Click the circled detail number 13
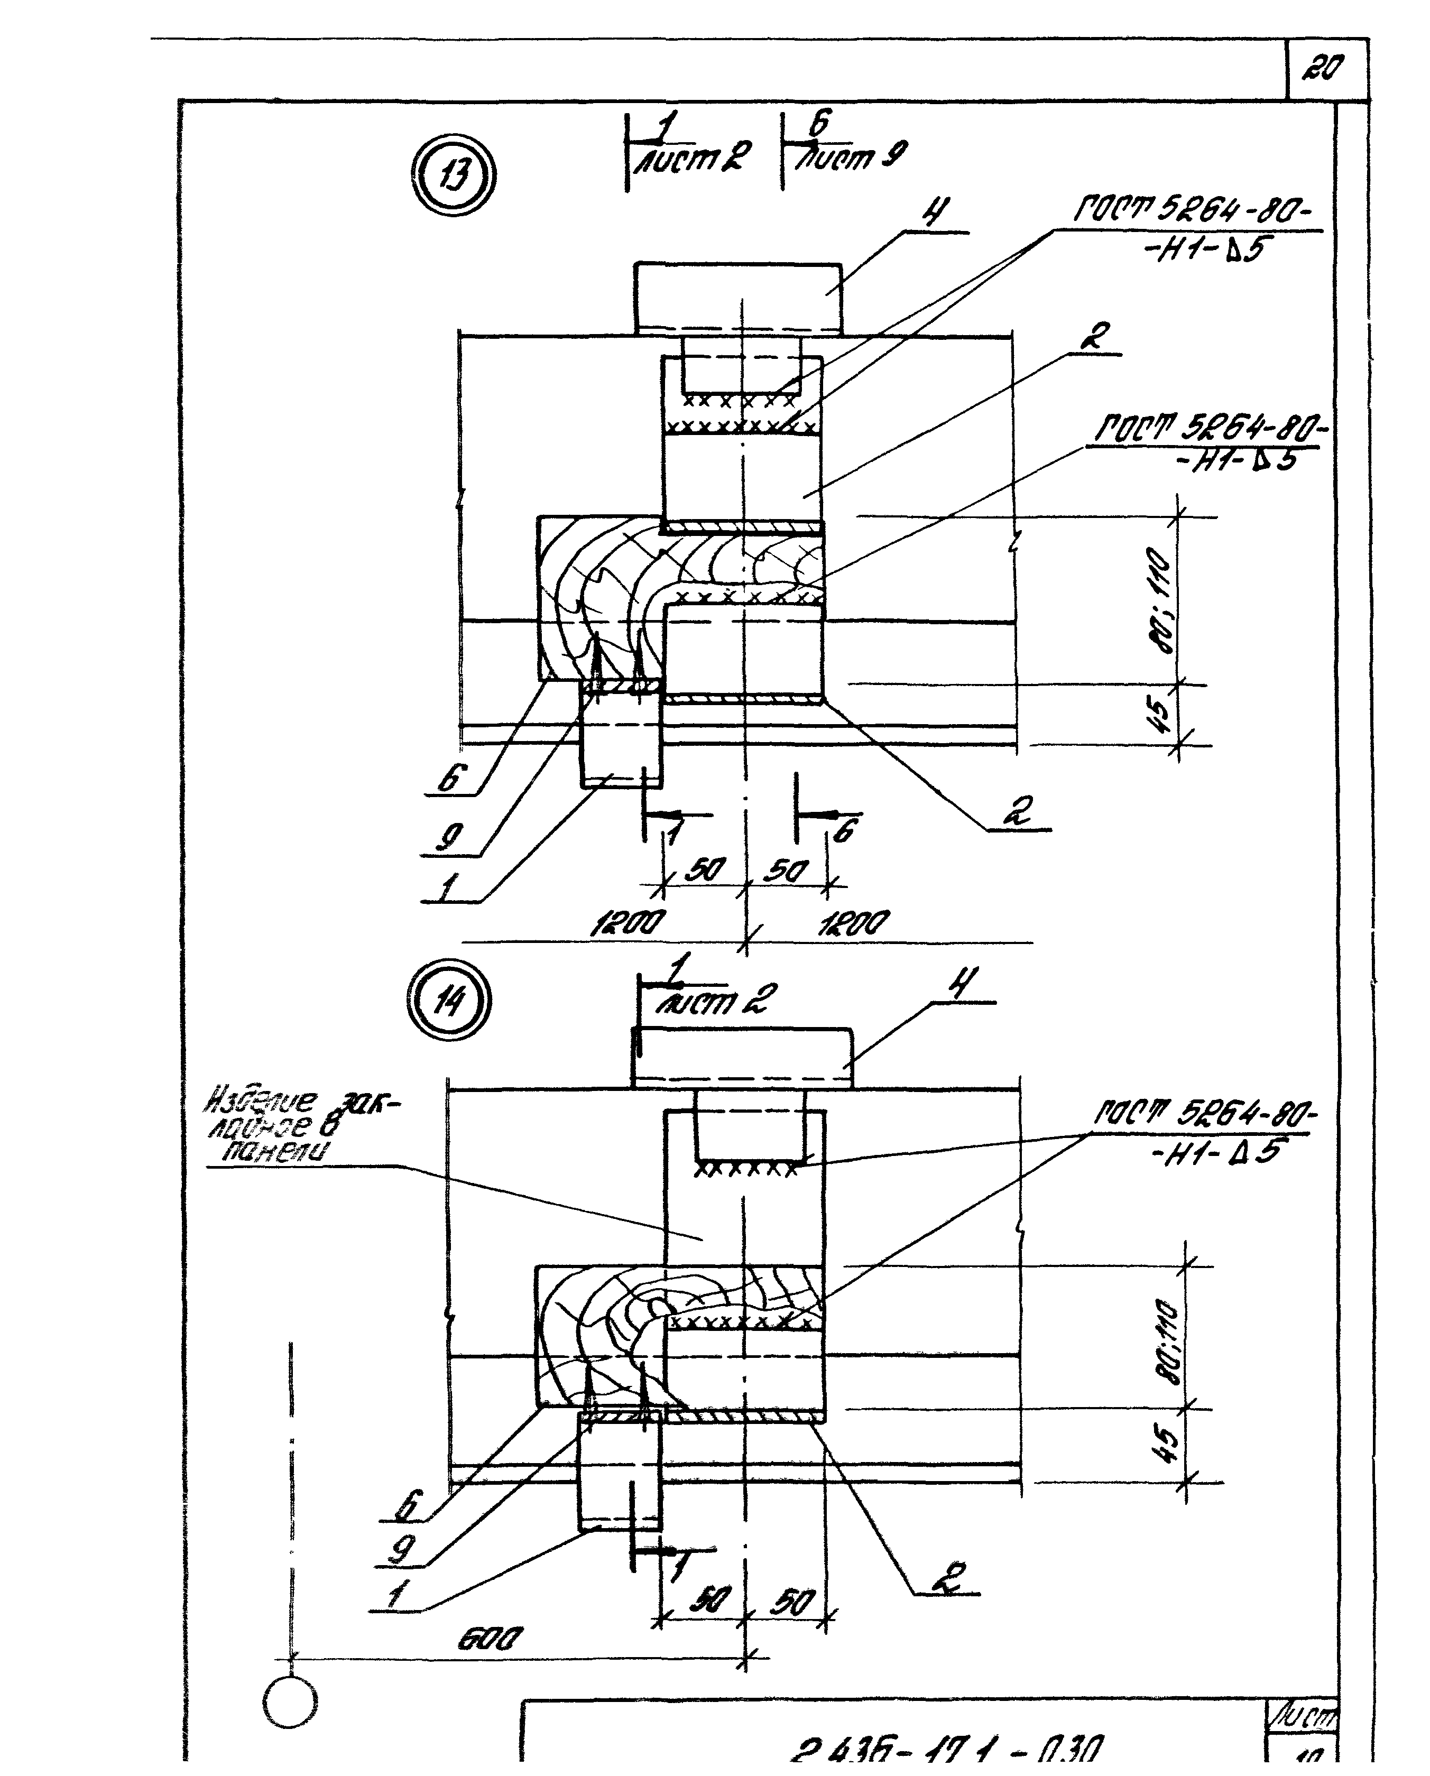click(454, 175)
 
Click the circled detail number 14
click(449, 1002)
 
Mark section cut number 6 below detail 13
click(844, 830)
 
